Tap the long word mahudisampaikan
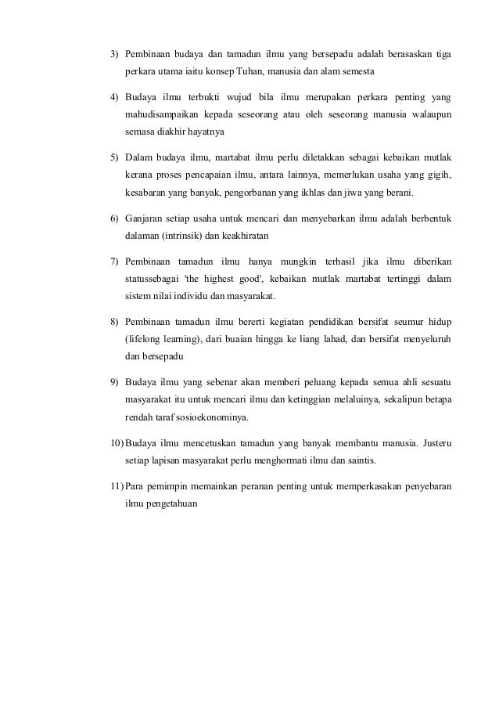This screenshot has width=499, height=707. coord(160,115)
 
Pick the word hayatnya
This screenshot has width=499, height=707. coord(203,132)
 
